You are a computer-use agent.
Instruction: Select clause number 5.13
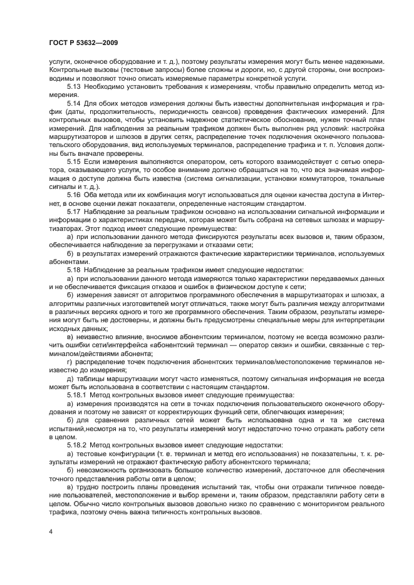[x=74, y=88]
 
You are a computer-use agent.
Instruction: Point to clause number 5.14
[x=74, y=103]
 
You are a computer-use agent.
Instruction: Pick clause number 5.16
[x=74, y=193]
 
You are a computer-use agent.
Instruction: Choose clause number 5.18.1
[x=77, y=395]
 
